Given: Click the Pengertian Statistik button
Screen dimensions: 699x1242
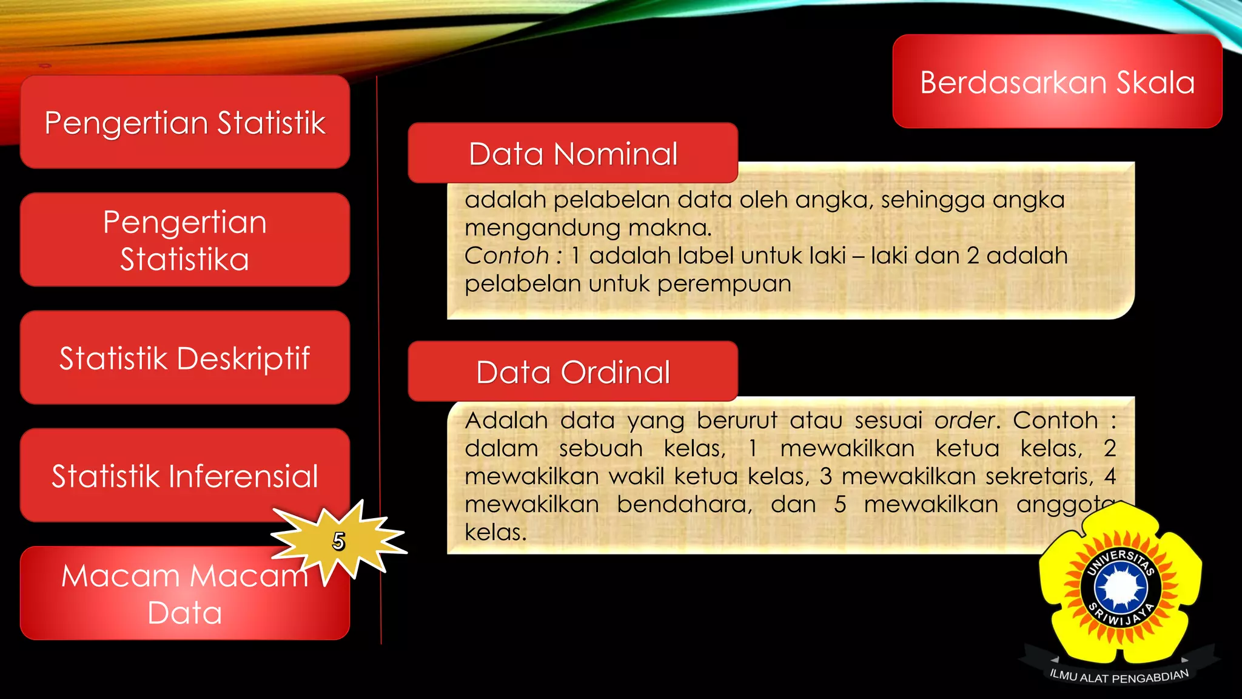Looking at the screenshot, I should (185, 122).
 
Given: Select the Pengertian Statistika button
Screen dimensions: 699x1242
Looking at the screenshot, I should (185, 240).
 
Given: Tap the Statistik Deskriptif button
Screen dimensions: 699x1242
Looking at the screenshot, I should (185, 357).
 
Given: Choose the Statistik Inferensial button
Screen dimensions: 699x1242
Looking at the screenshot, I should (185, 475).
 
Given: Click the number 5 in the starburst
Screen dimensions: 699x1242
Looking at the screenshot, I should (338, 541).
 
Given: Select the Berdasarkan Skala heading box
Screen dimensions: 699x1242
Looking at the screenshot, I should (1057, 82).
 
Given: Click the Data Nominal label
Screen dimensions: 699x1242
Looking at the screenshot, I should (573, 154).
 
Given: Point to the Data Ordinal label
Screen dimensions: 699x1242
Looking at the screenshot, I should (573, 372).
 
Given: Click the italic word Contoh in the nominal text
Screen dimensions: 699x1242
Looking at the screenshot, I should (506, 255).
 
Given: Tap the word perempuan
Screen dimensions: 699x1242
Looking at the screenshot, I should (724, 284).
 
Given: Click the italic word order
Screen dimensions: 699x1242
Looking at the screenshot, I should (964, 420).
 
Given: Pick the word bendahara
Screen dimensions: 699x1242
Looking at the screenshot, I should (685, 504).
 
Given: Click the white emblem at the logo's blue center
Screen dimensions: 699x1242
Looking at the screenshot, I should (1121, 587).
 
